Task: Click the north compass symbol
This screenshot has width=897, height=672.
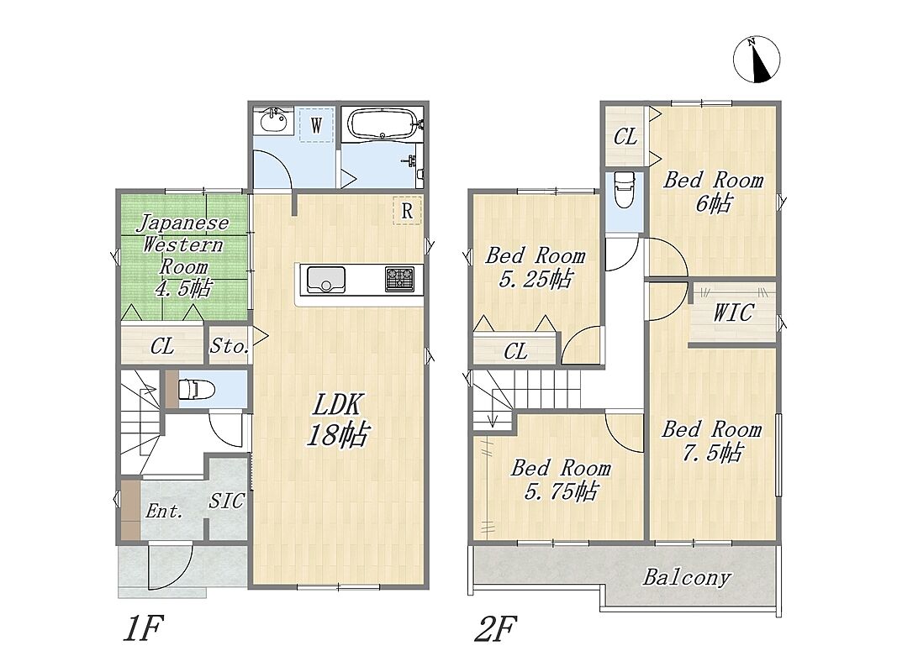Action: point(757,60)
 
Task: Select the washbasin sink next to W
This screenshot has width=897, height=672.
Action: point(273,121)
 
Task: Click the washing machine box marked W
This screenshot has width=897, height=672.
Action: point(316,124)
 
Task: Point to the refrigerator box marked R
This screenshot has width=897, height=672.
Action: point(407,210)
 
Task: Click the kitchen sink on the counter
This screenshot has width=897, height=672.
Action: point(325,280)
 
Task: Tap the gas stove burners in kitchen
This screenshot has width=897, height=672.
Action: point(399,280)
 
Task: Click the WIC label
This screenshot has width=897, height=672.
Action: point(733,313)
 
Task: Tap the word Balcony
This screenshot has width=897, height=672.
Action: point(687,577)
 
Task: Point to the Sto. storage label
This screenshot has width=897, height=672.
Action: point(229,346)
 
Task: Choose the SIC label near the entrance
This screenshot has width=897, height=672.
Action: point(226,501)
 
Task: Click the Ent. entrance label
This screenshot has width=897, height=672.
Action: point(164,510)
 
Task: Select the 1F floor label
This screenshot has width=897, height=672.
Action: point(144,628)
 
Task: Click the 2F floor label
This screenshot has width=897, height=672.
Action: point(496,628)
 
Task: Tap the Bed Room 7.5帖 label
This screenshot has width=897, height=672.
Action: point(712,440)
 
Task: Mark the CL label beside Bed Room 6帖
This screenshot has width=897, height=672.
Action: point(625,137)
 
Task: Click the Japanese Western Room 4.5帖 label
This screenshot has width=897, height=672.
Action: point(182,255)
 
